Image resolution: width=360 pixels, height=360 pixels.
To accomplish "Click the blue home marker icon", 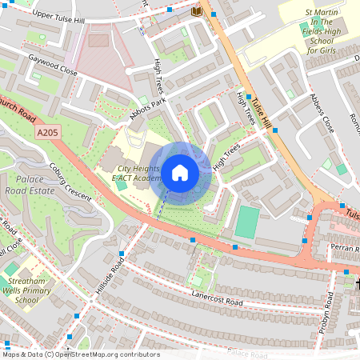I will [180, 173].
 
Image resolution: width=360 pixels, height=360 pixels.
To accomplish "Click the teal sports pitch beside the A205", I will [247, 222].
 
